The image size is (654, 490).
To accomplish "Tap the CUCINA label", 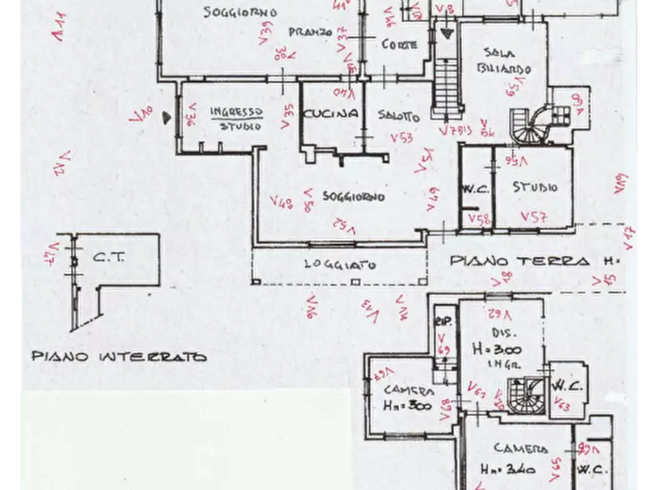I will pyautogui.click(x=331, y=113).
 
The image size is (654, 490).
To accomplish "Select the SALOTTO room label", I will pyautogui.click(x=399, y=116).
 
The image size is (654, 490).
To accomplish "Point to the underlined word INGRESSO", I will pyautogui.click(x=236, y=111).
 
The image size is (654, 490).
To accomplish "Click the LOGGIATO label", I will pyautogui.click(x=341, y=265).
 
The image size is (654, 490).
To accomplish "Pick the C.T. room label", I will pyautogui.click(x=109, y=257).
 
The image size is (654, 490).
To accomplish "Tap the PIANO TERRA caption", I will pyautogui.click(x=520, y=261).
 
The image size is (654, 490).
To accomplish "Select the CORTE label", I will pyautogui.click(x=400, y=45).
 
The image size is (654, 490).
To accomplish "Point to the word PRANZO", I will pyautogui.click(x=311, y=32).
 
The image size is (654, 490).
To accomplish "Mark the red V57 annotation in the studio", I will pyautogui.click(x=534, y=216).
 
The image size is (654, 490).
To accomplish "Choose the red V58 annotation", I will pyautogui.click(x=479, y=218).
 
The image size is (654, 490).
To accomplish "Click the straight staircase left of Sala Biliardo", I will pyautogui.click(x=445, y=84).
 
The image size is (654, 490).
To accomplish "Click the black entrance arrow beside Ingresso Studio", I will pyautogui.click(x=168, y=116).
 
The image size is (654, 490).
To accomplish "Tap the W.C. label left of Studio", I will pyautogui.click(x=475, y=188).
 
